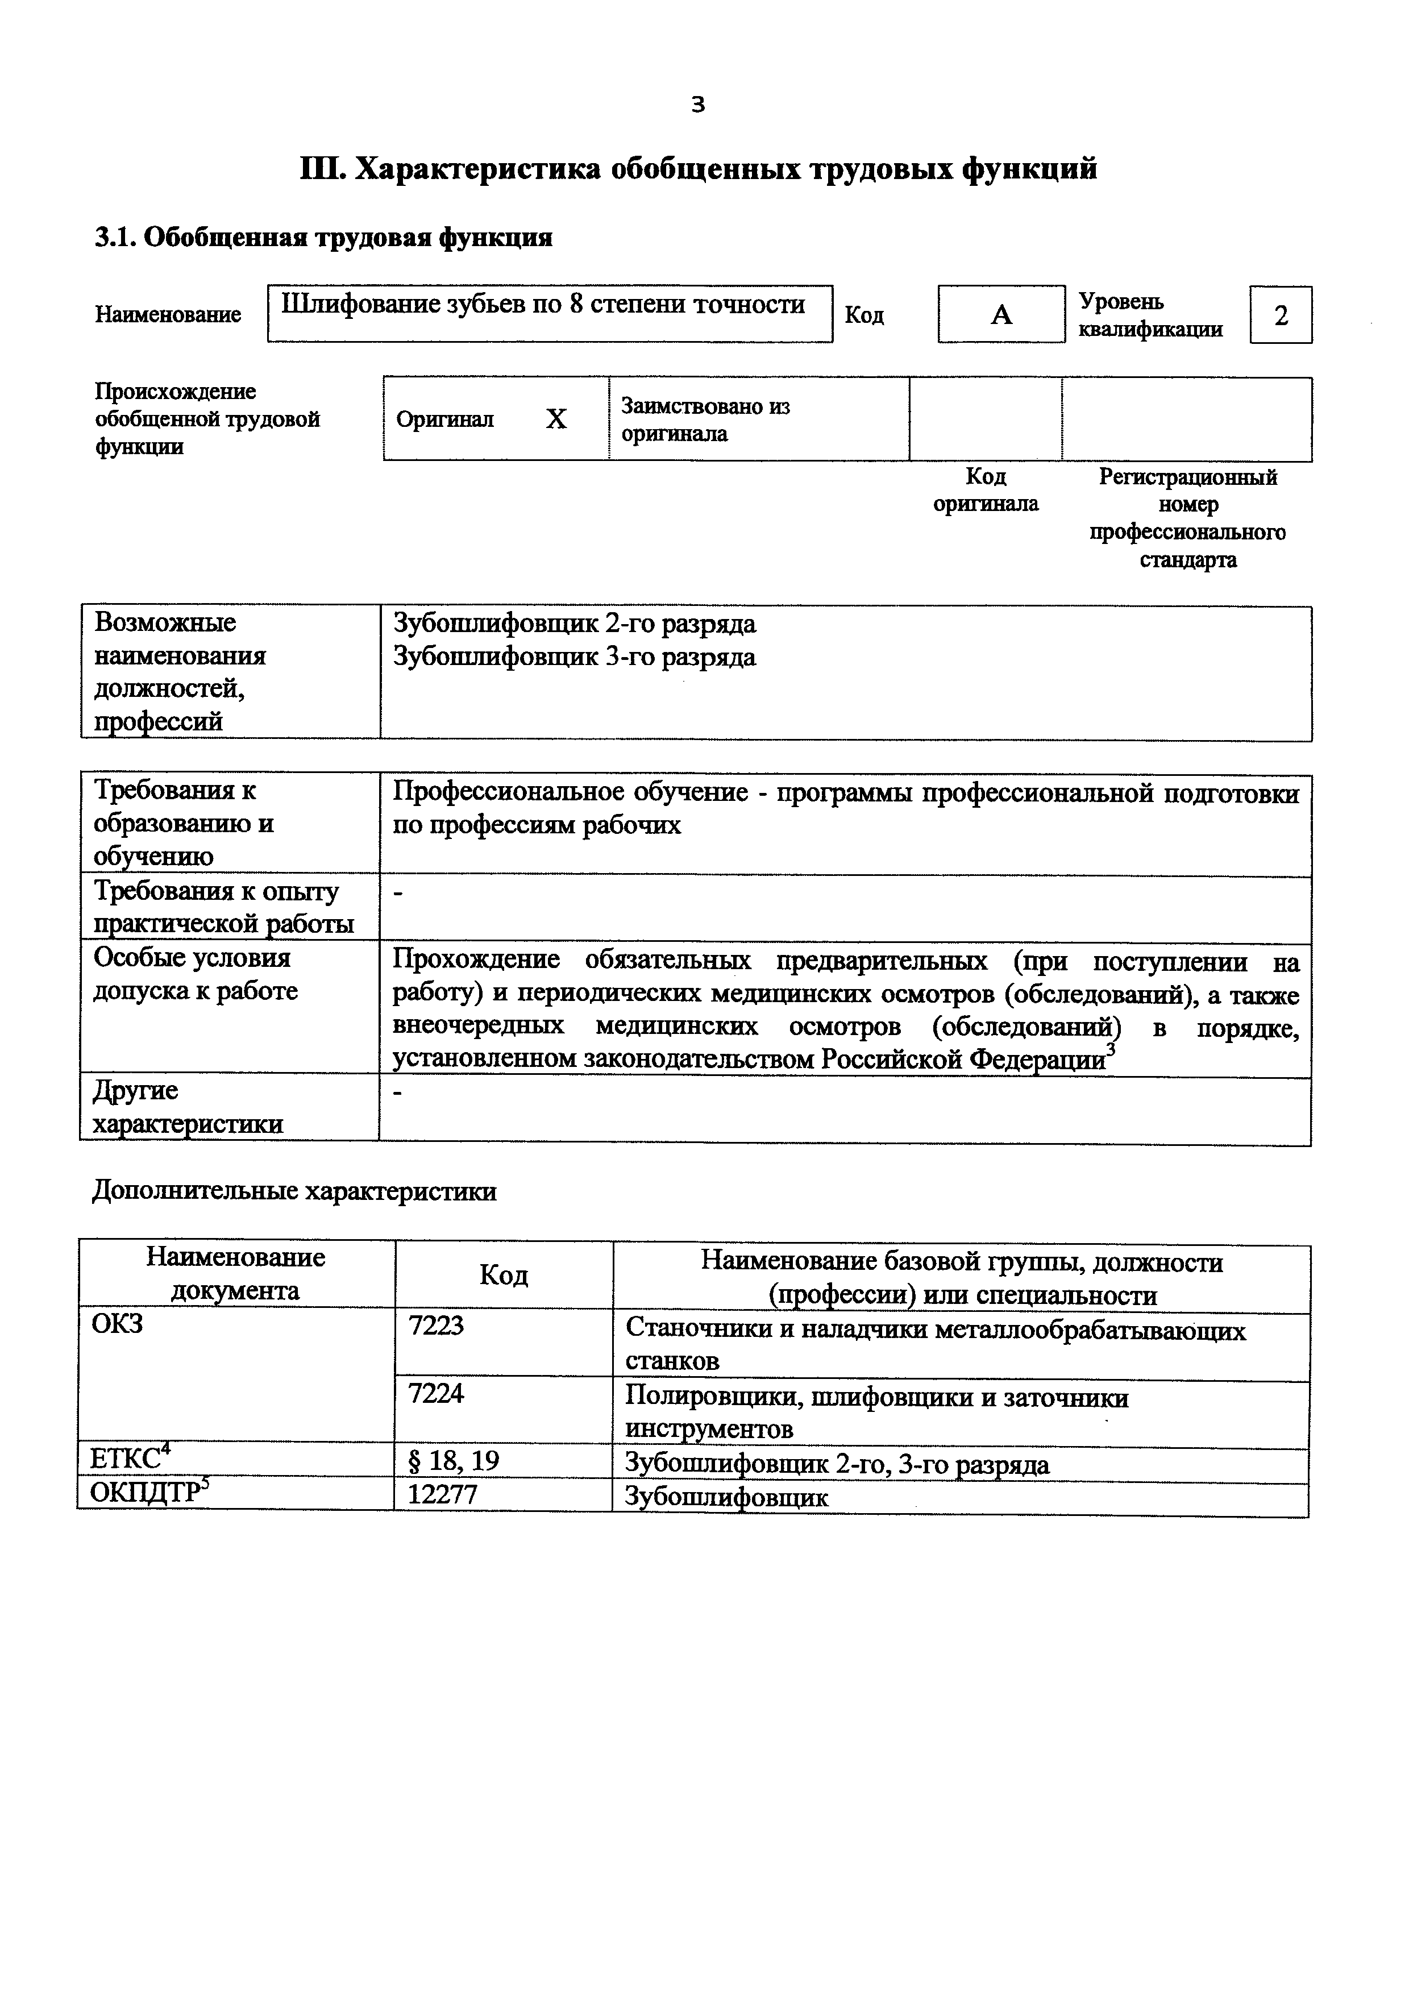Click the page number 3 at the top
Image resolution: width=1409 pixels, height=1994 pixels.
click(x=698, y=105)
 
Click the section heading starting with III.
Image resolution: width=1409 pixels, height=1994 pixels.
click(x=698, y=168)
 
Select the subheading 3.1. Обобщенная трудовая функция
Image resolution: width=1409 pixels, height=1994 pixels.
click(x=323, y=237)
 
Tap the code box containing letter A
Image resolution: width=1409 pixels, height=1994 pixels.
click(x=1001, y=314)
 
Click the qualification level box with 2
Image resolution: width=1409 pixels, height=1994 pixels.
click(x=1281, y=315)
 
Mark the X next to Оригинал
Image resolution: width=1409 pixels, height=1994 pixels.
click(x=556, y=419)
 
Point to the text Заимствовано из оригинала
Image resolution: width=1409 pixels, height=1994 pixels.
click(x=705, y=419)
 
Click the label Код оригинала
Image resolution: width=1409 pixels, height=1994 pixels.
click(x=986, y=490)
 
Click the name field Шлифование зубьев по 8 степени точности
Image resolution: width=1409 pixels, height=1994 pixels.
click(x=543, y=304)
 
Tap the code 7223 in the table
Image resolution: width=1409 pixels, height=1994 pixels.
click(x=436, y=1326)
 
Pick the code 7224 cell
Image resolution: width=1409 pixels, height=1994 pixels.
click(x=436, y=1393)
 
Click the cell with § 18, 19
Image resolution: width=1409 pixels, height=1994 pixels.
click(x=453, y=1461)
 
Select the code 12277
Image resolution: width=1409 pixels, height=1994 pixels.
click(x=443, y=1494)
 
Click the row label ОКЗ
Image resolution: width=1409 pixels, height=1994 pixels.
click(x=117, y=1324)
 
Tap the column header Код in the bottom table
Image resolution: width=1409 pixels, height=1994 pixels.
click(x=504, y=1275)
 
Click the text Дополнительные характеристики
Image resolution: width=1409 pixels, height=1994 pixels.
click(x=294, y=1191)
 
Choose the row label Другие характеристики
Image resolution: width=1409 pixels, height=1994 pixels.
click(x=188, y=1107)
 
